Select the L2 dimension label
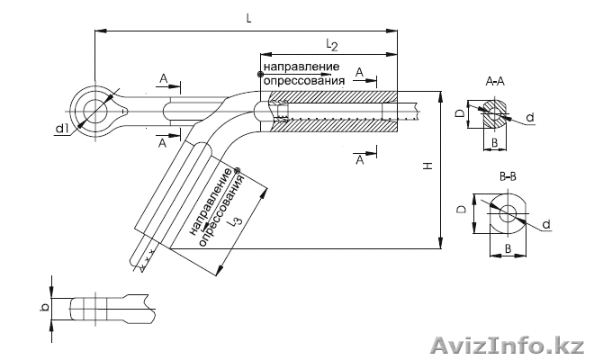[x=330, y=44]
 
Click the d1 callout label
[x=62, y=130]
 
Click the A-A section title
[x=494, y=82]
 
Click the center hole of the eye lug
[x=92, y=111]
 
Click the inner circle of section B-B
[x=508, y=213]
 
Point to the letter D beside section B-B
[x=461, y=209]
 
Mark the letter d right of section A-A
[x=530, y=118]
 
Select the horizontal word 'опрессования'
[x=301, y=81]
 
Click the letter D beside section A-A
[x=460, y=113]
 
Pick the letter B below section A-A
[x=494, y=143]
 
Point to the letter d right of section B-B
[x=547, y=223]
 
